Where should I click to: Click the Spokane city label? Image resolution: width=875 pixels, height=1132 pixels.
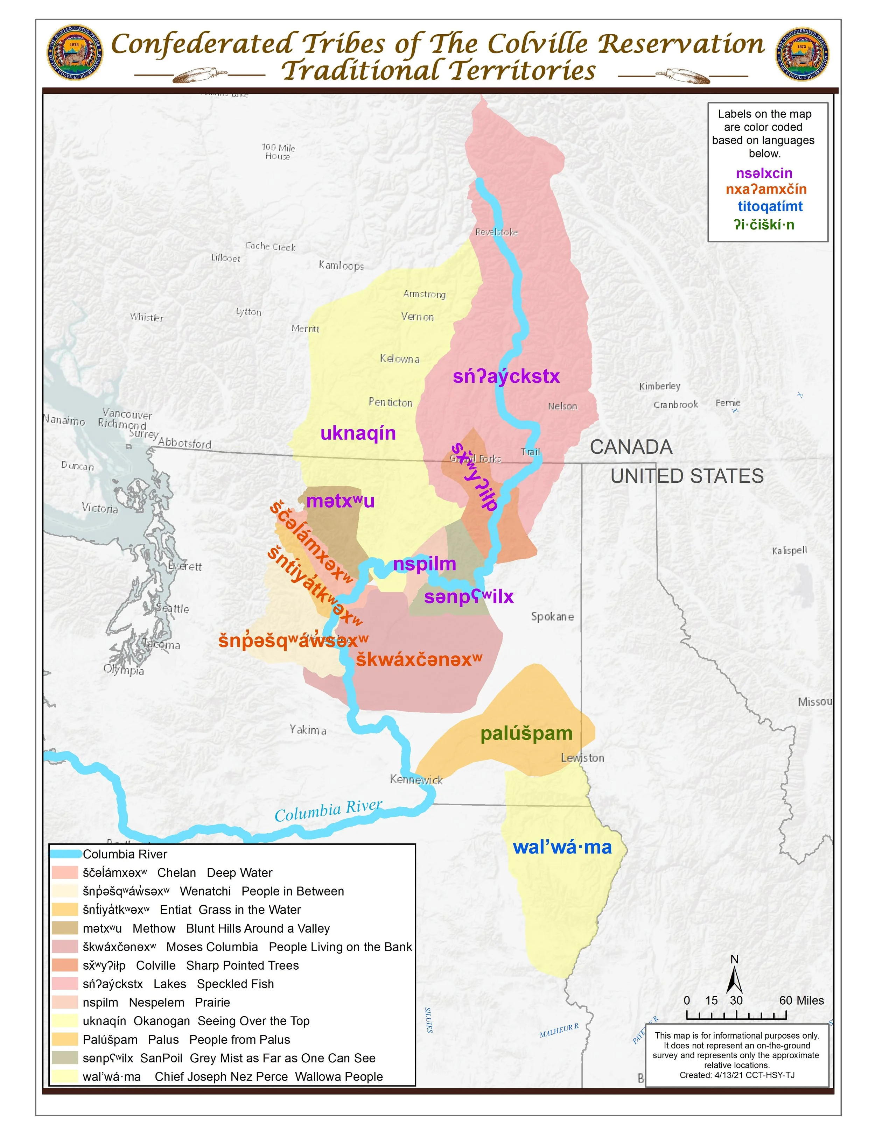552,616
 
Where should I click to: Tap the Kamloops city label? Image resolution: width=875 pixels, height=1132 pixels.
341,266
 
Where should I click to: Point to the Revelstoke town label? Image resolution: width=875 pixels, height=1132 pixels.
496,232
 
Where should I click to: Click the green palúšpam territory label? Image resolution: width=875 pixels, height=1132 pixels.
526,734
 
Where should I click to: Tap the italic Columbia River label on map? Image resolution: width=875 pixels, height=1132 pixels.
328,811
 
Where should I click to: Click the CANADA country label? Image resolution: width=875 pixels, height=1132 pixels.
631,447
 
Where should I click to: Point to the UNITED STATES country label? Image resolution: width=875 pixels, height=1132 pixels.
687,476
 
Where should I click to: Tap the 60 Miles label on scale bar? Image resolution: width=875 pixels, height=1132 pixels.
801,1000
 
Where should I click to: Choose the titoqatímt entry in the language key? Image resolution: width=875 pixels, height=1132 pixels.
770,206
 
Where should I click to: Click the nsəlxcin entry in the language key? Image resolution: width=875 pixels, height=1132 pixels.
764,173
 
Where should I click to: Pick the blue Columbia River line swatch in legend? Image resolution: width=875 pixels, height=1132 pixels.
66,854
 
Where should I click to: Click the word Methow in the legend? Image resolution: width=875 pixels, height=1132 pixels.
154,928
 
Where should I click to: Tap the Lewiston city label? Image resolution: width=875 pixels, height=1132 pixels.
582,758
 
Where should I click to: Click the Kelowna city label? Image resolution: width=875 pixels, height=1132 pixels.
399,359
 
